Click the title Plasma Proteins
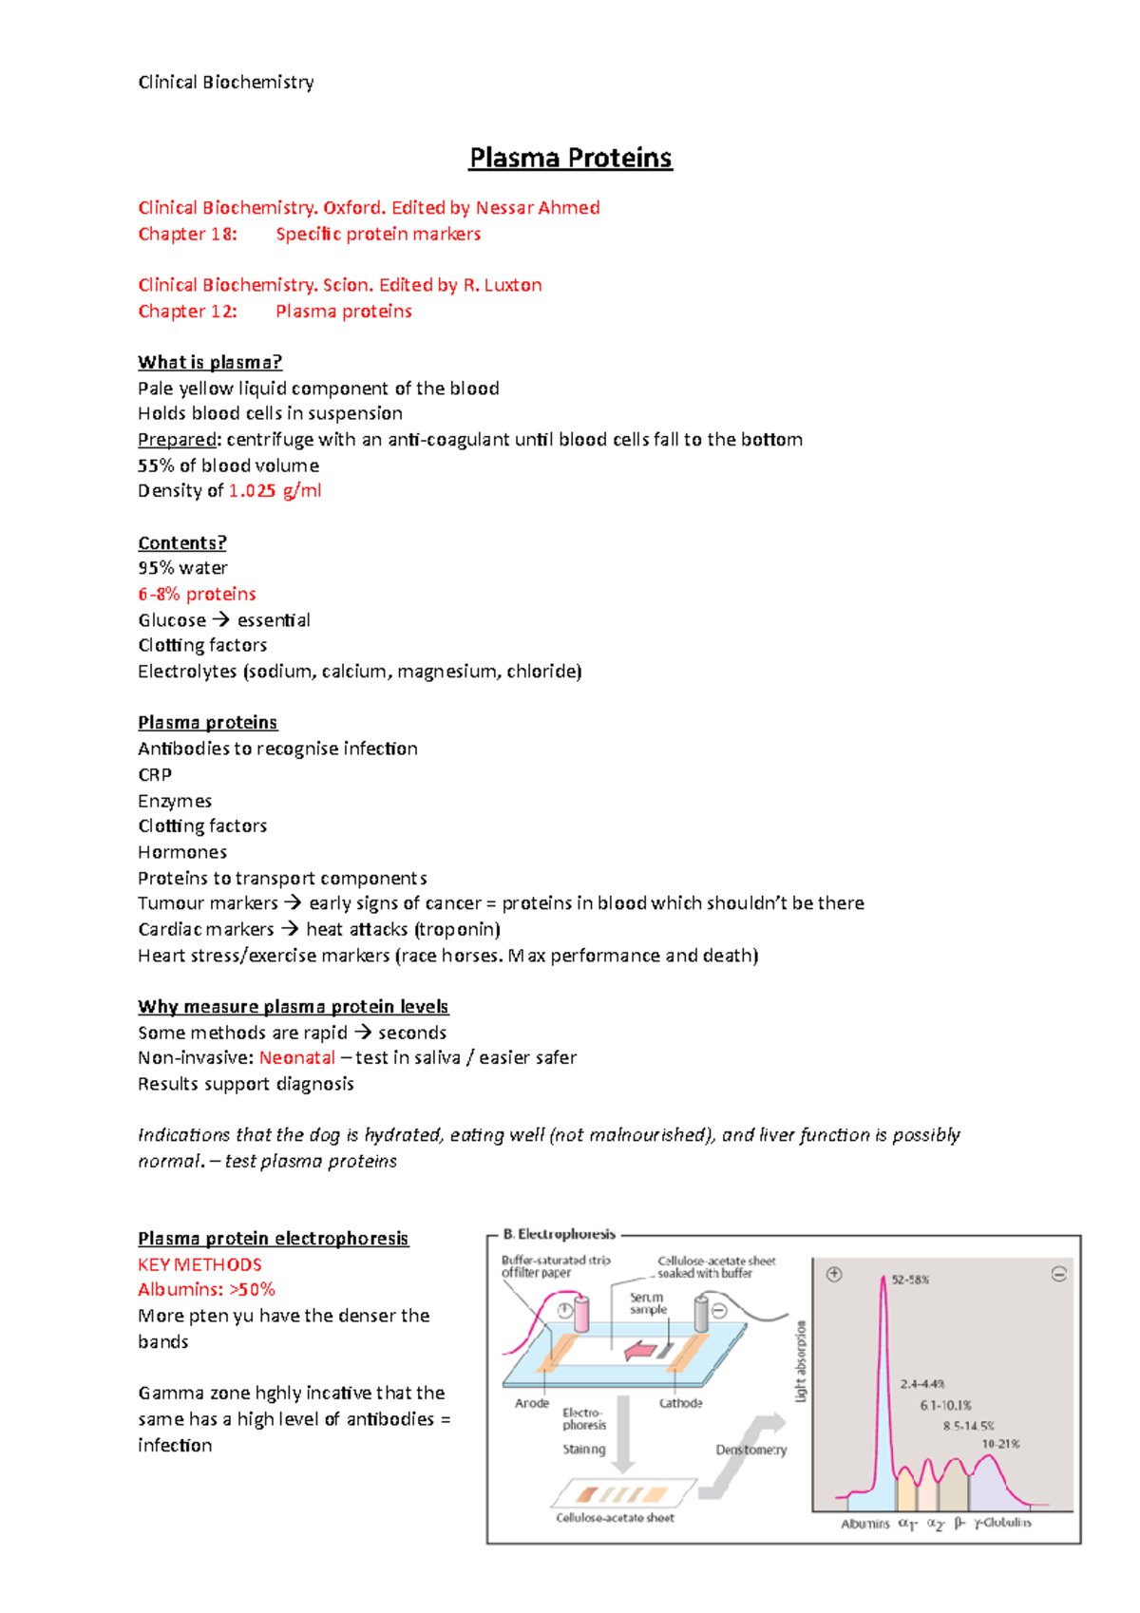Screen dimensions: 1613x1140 [570, 158]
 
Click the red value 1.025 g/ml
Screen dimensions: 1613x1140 [275, 491]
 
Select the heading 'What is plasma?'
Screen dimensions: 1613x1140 [210, 362]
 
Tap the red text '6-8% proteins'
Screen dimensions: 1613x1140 [197, 594]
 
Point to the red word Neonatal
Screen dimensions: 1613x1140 [296, 1057]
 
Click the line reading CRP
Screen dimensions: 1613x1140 [155, 774]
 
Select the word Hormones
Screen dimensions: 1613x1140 [182, 852]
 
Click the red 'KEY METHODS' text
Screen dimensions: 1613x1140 [199, 1264]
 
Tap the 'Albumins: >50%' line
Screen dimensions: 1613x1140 [206, 1289]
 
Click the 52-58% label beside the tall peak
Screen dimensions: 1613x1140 [910, 1280]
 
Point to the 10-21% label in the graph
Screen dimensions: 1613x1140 [1000, 1444]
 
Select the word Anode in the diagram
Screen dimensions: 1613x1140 [532, 1403]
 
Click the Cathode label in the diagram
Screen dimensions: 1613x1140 [681, 1403]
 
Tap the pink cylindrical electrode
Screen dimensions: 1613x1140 [580, 1315]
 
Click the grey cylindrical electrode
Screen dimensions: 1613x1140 [701, 1315]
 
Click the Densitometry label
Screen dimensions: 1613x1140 [750, 1450]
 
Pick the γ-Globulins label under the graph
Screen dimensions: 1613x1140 [1003, 1523]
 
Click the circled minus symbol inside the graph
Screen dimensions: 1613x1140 [1059, 1275]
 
